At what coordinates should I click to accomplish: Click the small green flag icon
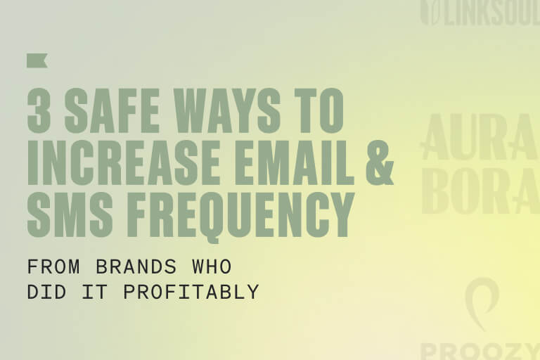(37, 61)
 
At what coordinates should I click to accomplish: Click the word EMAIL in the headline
(292, 165)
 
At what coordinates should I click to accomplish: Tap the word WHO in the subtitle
(212, 268)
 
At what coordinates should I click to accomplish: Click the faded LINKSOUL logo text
(489, 15)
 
